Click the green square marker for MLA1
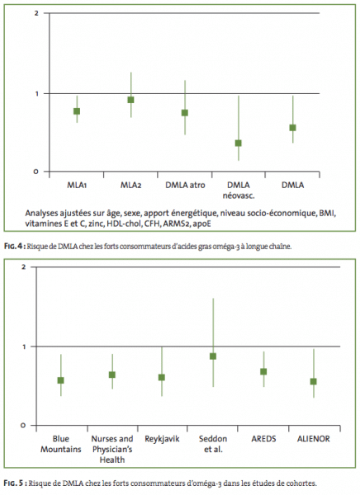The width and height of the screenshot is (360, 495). pos(77,111)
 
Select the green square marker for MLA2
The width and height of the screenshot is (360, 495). pos(130,100)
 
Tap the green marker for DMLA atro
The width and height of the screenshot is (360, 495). pos(185,113)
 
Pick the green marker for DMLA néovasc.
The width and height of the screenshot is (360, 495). pos(239,143)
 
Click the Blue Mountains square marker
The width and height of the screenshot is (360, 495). pos(60,380)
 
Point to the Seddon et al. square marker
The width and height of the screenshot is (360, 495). pos(213,356)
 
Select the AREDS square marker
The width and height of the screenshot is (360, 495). pos(263,371)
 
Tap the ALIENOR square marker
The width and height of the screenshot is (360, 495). pos(314,381)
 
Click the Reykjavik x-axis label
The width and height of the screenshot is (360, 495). pos(162,439)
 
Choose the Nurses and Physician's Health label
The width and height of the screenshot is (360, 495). pos(112,450)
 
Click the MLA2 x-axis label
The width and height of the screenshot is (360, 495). pos(130,185)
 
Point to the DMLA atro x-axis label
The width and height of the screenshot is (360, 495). pos(185,185)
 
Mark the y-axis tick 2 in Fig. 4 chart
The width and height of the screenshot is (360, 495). pos(36,13)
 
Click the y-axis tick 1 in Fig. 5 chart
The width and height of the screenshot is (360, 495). pos(24,346)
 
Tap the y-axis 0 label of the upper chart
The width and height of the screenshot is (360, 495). pos(36,172)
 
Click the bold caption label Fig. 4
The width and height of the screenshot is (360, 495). pos(14,247)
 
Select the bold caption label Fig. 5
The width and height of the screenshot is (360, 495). pos(14,483)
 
